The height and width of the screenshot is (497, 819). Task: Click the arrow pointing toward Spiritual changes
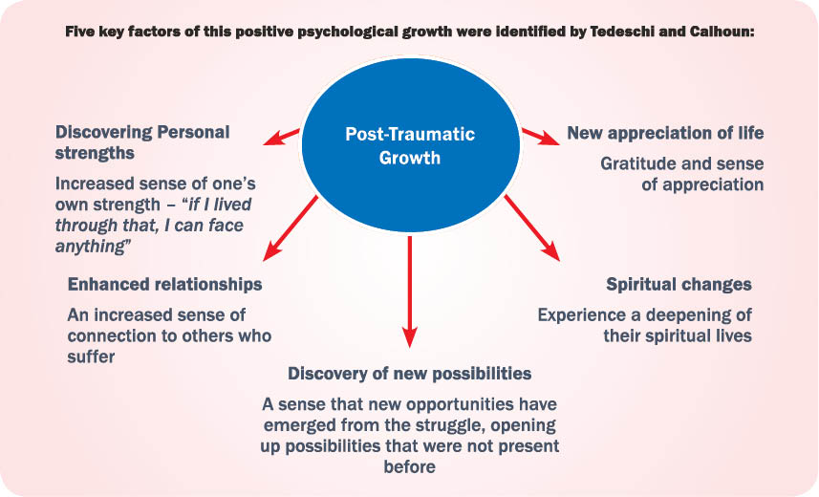(531, 227)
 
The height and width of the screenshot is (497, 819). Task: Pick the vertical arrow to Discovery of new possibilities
(410, 291)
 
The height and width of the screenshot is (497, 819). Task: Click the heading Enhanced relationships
(164, 285)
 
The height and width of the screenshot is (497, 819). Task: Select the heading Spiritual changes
(679, 285)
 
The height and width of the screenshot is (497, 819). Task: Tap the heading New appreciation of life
(665, 133)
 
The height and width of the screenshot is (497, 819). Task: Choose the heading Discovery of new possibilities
(409, 373)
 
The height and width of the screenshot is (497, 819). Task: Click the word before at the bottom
(410, 467)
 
